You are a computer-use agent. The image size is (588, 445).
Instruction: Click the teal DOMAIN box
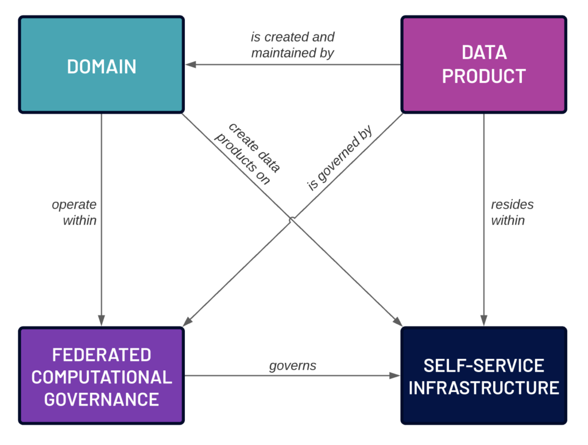(101, 64)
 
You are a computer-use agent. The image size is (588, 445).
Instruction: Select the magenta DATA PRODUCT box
(483, 64)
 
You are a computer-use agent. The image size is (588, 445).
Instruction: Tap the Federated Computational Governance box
(101, 376)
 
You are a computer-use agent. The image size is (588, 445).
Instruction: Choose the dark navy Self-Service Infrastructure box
(483, 376)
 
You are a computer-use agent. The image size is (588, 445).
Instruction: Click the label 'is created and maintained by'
(292, 45)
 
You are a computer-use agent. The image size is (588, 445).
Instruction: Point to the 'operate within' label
(74, 213)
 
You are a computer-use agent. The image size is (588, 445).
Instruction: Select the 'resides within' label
(512, 213)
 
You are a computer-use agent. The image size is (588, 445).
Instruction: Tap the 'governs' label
(292, 366)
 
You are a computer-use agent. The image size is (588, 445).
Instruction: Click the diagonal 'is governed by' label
(340, 158)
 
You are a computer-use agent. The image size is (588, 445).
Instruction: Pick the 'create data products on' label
(247, 153)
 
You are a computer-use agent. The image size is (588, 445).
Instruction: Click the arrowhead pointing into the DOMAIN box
(191, 64)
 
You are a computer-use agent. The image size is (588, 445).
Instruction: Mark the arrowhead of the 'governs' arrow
(395, 375)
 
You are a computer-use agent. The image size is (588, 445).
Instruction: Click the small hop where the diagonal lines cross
(291, 219)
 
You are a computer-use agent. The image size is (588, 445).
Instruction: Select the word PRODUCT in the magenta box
(483, 76)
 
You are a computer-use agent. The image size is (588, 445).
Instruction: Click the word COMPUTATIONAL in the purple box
(102, 377)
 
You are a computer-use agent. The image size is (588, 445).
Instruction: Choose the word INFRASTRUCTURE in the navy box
(483, 388)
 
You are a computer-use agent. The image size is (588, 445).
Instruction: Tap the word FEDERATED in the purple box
(102, 355)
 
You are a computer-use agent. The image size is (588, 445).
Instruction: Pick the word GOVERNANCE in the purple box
(102, 399)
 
